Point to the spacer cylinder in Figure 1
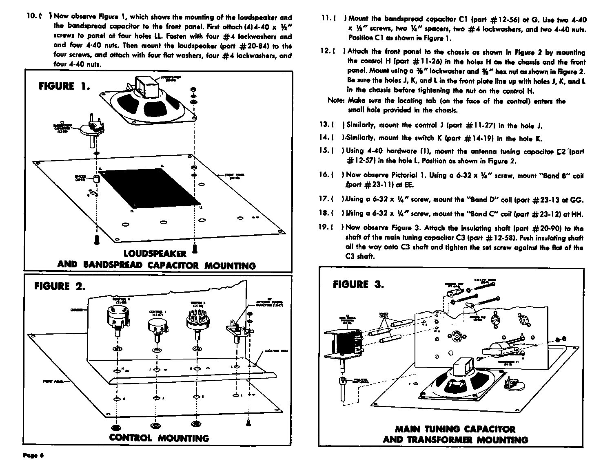97,179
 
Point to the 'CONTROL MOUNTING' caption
159,438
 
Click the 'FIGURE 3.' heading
358,284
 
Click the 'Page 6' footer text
33,455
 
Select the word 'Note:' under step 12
337,101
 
